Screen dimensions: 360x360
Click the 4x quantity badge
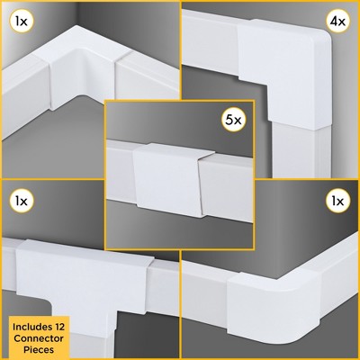[339, 19]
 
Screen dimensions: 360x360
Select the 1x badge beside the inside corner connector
[21, 19]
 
